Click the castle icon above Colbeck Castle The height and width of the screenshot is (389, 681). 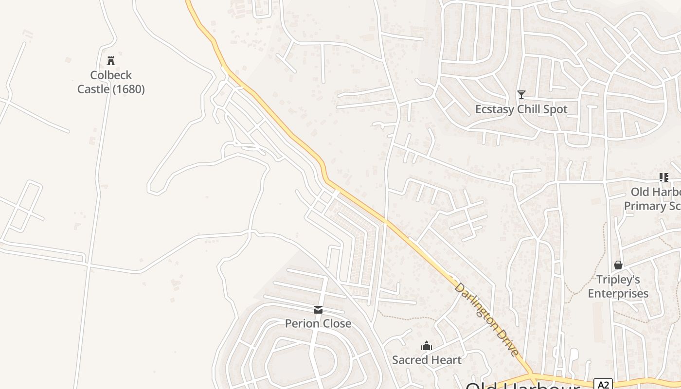tap(111, 60)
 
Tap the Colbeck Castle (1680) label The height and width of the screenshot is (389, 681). tap(111, 82)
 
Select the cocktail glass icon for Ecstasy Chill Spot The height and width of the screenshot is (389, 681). tap(521, 94)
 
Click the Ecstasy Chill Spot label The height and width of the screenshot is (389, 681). tap(521, 109)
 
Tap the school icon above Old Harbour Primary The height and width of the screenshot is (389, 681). tap(663, 177)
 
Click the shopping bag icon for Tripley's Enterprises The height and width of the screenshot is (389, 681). tap(618, 265)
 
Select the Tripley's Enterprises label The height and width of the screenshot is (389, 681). tap(618, 286)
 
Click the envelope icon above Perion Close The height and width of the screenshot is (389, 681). tap(318, 309)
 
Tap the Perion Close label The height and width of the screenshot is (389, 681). tap(318, 323)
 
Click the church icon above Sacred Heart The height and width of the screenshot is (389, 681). tap(427, 346)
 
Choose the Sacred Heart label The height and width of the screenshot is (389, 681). tap(427, 360)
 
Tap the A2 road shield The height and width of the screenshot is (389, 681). tap(603, 385)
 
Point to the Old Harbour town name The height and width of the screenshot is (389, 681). tap(522, 387)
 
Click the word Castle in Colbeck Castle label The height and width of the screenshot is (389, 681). tap(93, 89)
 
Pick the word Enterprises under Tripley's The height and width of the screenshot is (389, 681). tap(618, 294)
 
